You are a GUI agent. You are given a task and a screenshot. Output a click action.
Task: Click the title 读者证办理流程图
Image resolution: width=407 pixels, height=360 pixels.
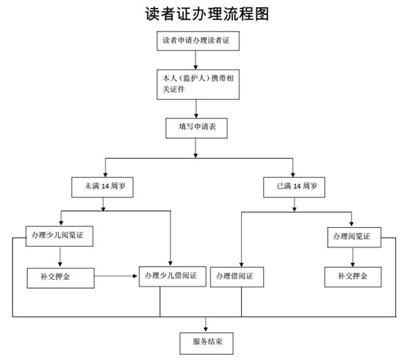207,14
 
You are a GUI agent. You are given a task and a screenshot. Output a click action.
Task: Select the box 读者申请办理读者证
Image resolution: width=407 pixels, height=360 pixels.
198,40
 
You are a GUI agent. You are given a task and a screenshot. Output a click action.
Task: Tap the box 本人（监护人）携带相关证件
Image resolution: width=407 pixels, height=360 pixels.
198,84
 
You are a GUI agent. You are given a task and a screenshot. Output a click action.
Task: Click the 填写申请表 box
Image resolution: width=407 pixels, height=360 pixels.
196,129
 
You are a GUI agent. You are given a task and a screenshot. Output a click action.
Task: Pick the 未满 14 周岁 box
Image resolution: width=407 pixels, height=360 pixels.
102,187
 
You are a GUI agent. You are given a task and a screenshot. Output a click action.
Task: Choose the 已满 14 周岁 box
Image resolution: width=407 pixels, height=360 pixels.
294,187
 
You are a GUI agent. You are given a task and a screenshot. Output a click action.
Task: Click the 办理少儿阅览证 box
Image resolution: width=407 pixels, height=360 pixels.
60,236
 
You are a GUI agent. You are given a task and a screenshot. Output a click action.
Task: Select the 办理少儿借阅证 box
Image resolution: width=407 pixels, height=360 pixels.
173,276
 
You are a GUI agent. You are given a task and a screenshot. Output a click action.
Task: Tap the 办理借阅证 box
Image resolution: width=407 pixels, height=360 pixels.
237,277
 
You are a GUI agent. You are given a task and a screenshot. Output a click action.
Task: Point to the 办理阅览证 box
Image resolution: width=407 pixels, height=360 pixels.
354,237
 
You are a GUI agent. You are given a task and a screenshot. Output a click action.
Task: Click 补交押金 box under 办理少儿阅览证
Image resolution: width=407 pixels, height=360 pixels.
61,278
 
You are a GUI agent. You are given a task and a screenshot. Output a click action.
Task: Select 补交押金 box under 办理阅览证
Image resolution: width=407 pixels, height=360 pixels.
353,277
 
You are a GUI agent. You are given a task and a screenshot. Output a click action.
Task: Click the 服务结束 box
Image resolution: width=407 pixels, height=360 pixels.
206,343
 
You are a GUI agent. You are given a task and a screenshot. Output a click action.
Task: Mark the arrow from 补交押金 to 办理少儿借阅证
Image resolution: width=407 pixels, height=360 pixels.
116,276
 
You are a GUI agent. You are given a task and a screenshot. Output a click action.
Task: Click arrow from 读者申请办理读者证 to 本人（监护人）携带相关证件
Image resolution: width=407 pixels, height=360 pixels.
195,60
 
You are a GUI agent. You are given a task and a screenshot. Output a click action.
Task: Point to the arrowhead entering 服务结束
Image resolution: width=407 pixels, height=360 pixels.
206,330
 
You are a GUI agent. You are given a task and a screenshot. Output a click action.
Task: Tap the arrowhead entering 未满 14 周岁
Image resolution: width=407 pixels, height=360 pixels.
105,174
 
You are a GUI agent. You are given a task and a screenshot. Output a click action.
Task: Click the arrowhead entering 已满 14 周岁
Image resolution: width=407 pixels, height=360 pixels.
293,174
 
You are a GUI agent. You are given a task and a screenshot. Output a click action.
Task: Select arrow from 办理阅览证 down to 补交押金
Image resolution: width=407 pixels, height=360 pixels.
353,257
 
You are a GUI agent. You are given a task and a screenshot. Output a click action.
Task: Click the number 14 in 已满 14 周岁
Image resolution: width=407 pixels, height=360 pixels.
297,187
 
